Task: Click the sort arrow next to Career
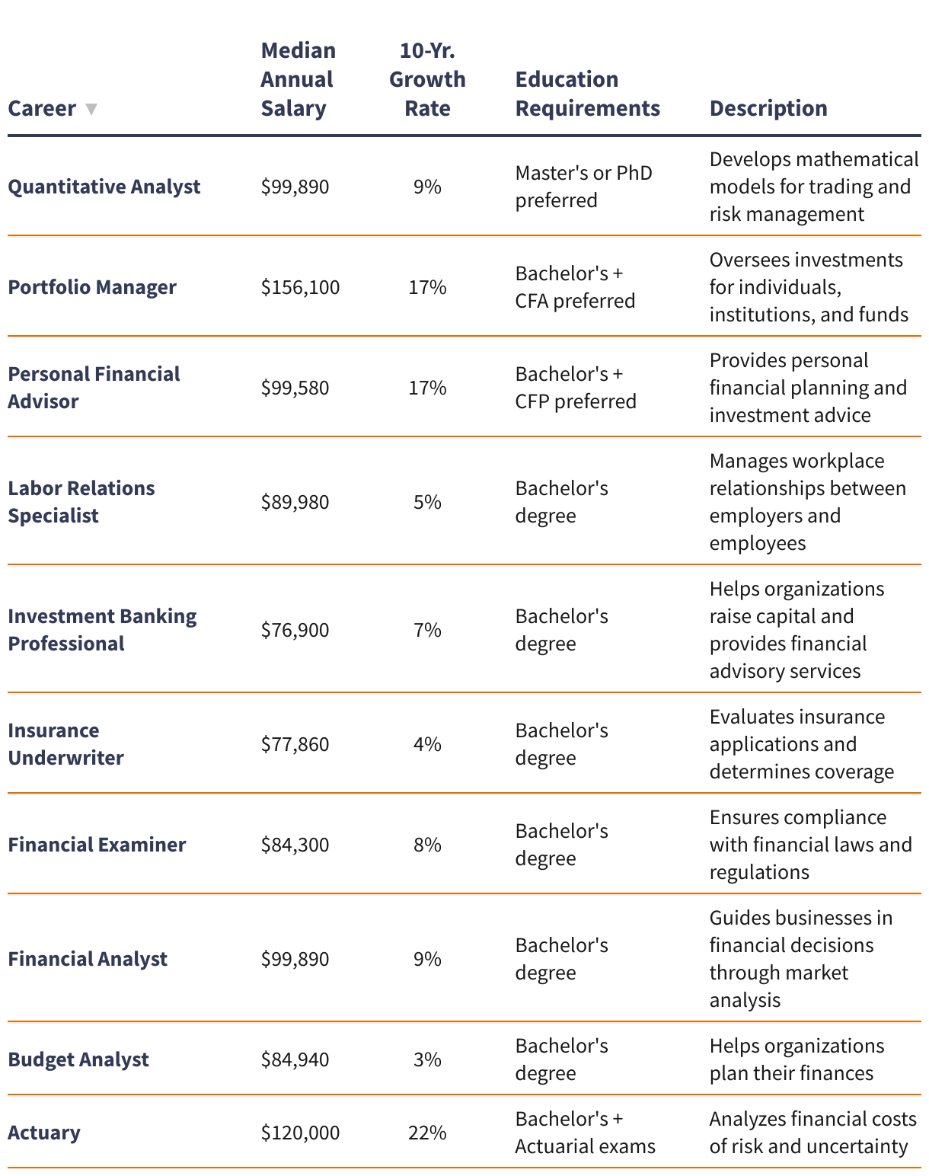pyautogui.click(x=91, y=109)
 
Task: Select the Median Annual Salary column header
pyautogui.click(x=298, y=79)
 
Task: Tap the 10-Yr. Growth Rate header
pyautogui.click(x=427, y=79)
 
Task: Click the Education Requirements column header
pyautogui.click(x=587, y=94)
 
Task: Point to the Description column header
pyautogui.click(x=768, y=108)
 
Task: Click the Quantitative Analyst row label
pyautogui.click(x=104, y=187)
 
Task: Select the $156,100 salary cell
pyautogui.click(x=300, y=287)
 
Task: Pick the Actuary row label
pyautogui.click(x=44, y=1133)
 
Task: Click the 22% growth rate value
pyautogui.click(x=427, y=1133)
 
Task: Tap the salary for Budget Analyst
pyautogui.click(x=295, y=1059)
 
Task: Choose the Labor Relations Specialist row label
pyautogui.click(x=81, y=502)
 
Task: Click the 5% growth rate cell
pyautogui.click(x=427, y=502)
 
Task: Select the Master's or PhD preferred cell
pyautogui.click(x=583, y=187)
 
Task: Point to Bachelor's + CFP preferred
pyautogui.click(x=575, y=388)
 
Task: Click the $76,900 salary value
pyautogui.click(x=295, y=630)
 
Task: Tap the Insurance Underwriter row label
pyautogui.click(x=65, y=744)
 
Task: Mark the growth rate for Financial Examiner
pyautogui.click(x=427, y=845)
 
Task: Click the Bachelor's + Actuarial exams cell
pyautogui.click(x=585, y=1133)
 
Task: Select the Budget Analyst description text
pyautogui.click(x=797, y=1059)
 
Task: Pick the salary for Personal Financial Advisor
pyautogui.click(x=295, y=388)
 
